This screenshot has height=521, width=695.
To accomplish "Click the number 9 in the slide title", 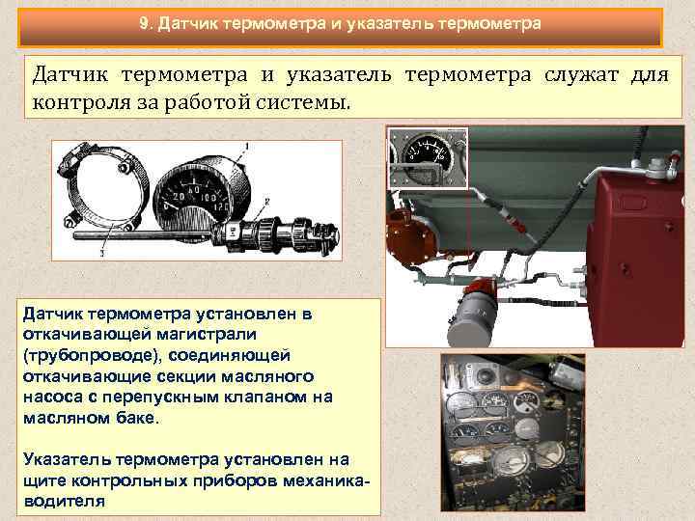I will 144,22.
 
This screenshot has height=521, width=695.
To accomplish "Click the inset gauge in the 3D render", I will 428,153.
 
